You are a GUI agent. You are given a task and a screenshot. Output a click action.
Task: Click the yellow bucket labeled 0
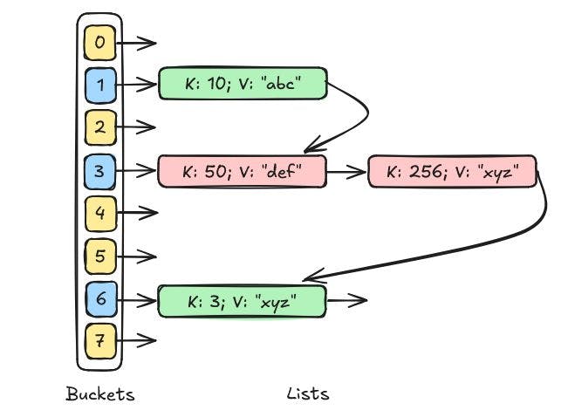(x=99, y=41)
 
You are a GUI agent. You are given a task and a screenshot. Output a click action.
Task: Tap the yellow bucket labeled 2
(x=99, y=127)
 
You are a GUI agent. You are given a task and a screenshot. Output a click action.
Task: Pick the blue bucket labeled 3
(x=99, y=170)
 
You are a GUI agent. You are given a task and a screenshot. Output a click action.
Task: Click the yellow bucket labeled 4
(x=99, y=213)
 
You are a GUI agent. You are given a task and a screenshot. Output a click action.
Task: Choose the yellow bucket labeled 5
(x=99, y=256)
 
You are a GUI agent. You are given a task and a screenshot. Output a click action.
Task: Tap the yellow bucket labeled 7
(x=99, y=341)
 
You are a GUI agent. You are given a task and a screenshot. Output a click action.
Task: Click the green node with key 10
(x=242, y=84)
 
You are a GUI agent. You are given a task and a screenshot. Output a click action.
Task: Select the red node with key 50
(x=242, y=171)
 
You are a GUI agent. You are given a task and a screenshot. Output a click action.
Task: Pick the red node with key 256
(x=452, y=171)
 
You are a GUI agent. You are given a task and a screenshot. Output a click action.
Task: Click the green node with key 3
(x=242, y=301)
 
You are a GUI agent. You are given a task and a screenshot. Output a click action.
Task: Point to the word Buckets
(x=100, y=394)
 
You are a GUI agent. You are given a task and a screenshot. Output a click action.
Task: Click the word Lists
(x=308, y=394)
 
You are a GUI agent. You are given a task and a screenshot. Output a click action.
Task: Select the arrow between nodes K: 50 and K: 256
(x=346, y=172)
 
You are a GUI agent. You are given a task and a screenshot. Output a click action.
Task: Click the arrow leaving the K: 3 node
(x=346, y=301)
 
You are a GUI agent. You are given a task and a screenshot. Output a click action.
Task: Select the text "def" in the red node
(x=280, y=172)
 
